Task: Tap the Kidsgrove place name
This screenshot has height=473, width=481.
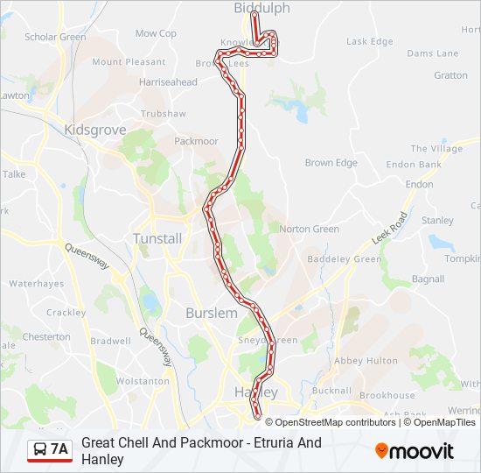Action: pos(95,130)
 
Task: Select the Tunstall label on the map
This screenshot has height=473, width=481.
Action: pos(157,238)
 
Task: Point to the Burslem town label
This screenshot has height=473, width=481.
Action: pos(211,313)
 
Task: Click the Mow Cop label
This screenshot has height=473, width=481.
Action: pos(156,33)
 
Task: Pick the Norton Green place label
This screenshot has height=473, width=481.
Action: pos(309,229)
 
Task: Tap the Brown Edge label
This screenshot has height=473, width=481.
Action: pos(331,163)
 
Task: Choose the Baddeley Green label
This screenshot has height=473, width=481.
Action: pos(345,259)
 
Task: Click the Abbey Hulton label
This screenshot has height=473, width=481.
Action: pos(359,360)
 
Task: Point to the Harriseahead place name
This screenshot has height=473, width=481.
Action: pos(168,82)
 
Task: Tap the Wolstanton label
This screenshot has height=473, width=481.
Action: pos(143,381)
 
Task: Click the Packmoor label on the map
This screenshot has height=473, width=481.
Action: pos(196,141)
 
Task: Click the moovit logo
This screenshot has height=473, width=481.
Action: pos(415,451)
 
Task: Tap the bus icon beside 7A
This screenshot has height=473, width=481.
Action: pos(39,450)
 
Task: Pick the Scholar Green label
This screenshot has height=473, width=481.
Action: pos(55,37)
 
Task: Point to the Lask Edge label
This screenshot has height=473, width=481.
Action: pos(369,41)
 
